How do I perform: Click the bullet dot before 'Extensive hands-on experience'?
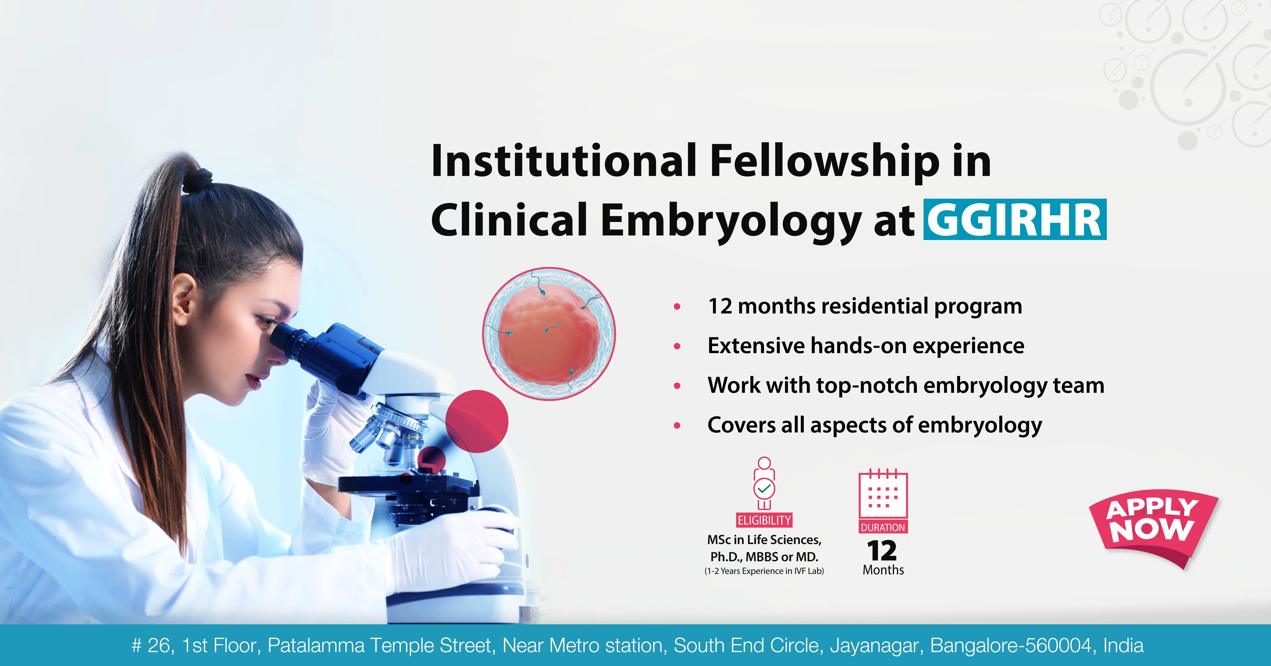point(677,347)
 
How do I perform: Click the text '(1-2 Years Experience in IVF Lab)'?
point(764,571)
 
